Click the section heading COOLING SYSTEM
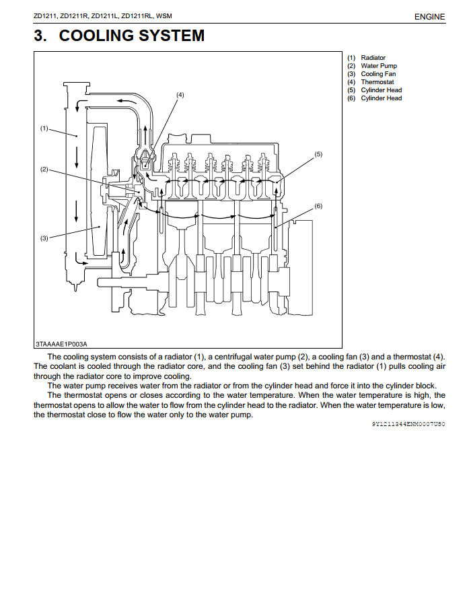pyautogui.click(x=131, y=36)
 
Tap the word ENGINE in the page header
pyautogui.click(x=430, y=17)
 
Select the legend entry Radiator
pyautogui.click(x=373, y=58)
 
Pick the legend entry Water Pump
pyautogui.click(x=378, y=66)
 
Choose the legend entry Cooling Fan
pyautogui.click(x=378, y=74)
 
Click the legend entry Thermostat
pyautogui.click(x=377, y=82)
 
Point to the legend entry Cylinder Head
pyautogui.click(x=381, y=90)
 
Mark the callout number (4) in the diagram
pyautogui.click(x=180, y=95)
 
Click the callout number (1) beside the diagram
pyautogui.click(x=44, y=128)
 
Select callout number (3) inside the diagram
pyautogui.click(x=44, y=238)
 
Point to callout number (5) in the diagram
pyautogui.click(x=318, y=154)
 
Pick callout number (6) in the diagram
pyautogui.click(x=318, y=206)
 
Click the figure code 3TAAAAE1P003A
pyautogui.click(x=62, y=343)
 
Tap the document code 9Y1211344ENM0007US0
pyautogui.click(x=408, y=425)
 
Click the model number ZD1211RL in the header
pyautogui.click(x=137, y=16)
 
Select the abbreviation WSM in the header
pyautogui.click(x=164, y=16)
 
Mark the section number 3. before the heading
pyautogui.click(x=40, y=36)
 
